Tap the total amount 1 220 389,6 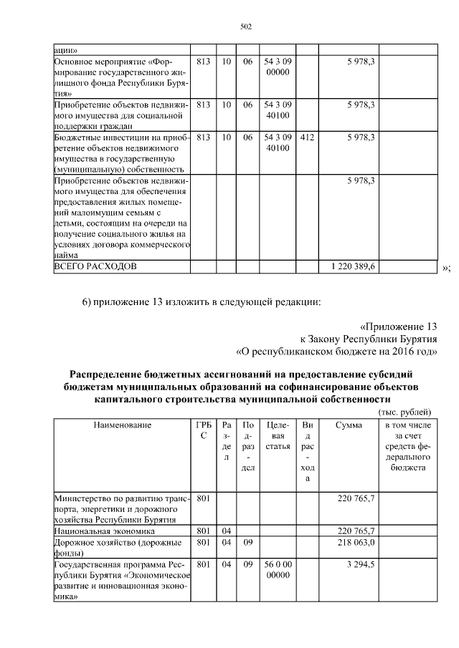tap(354, 266)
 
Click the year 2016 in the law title tap(402, 351)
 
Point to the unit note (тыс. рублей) tap(404, 412)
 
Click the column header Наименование tap(122, 425)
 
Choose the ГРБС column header tap(203, 430)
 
